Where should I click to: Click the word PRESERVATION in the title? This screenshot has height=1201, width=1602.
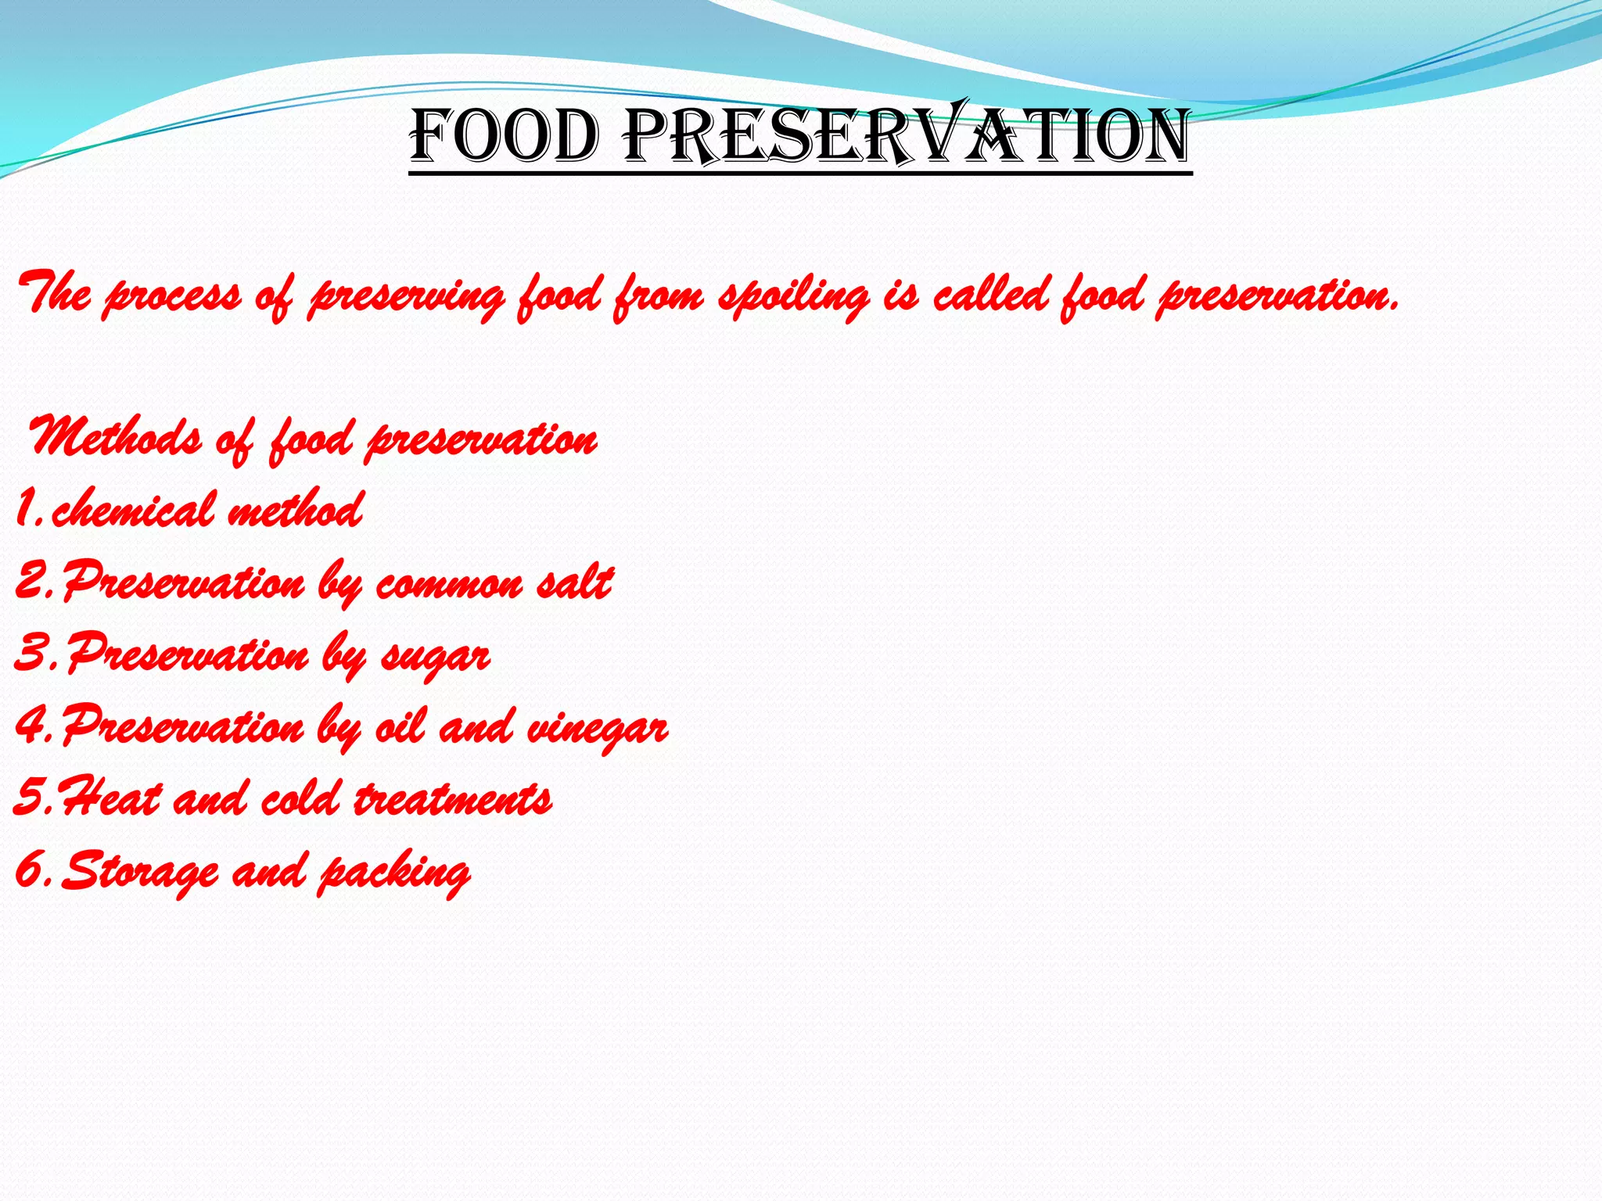pyautogui.click(x=907, y=137)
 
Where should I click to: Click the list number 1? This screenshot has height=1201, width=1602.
pyautogui.click(x=26, y=510)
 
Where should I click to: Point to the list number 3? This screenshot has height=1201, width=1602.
pyautogui.click(x=30, y=654)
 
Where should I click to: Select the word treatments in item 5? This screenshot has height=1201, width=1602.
pyautogui.click(x=453, y=799)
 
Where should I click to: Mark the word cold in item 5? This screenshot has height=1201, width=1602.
pyautogui.click(x=300, y=799)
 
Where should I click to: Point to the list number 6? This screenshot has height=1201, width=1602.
pyautogui.click(x=30, y=869)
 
